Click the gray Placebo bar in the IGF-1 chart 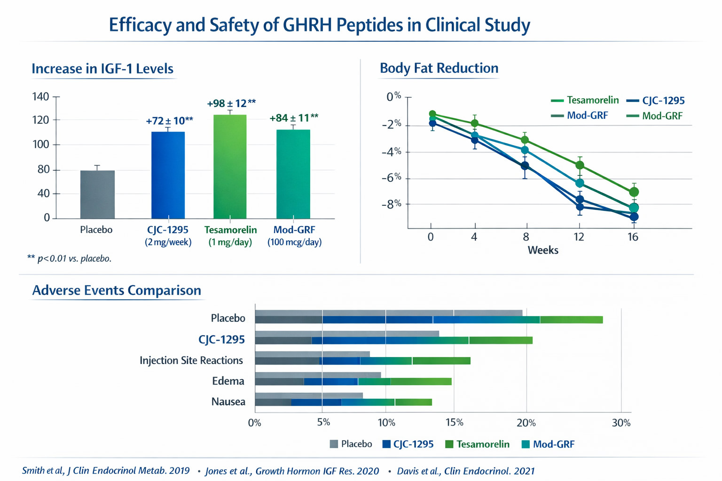point(97,194)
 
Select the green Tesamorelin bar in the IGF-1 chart point(230,167)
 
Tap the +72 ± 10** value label point(169,121)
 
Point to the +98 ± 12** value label point(231,103)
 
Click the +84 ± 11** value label point(294,118)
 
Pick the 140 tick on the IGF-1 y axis point(40,97)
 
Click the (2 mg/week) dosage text point(168,242)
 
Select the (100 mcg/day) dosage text point(294,242)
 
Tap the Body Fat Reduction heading point(439,68)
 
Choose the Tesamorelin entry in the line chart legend point(585,100)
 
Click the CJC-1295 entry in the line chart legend point(656,101)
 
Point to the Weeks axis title point(543,250)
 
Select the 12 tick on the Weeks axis point(579,237)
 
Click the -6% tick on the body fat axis point(391,178)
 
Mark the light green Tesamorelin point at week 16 point(634,192)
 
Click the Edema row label point(228,381)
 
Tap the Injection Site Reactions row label point(191,360)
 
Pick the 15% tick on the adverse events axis point(454,423)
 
